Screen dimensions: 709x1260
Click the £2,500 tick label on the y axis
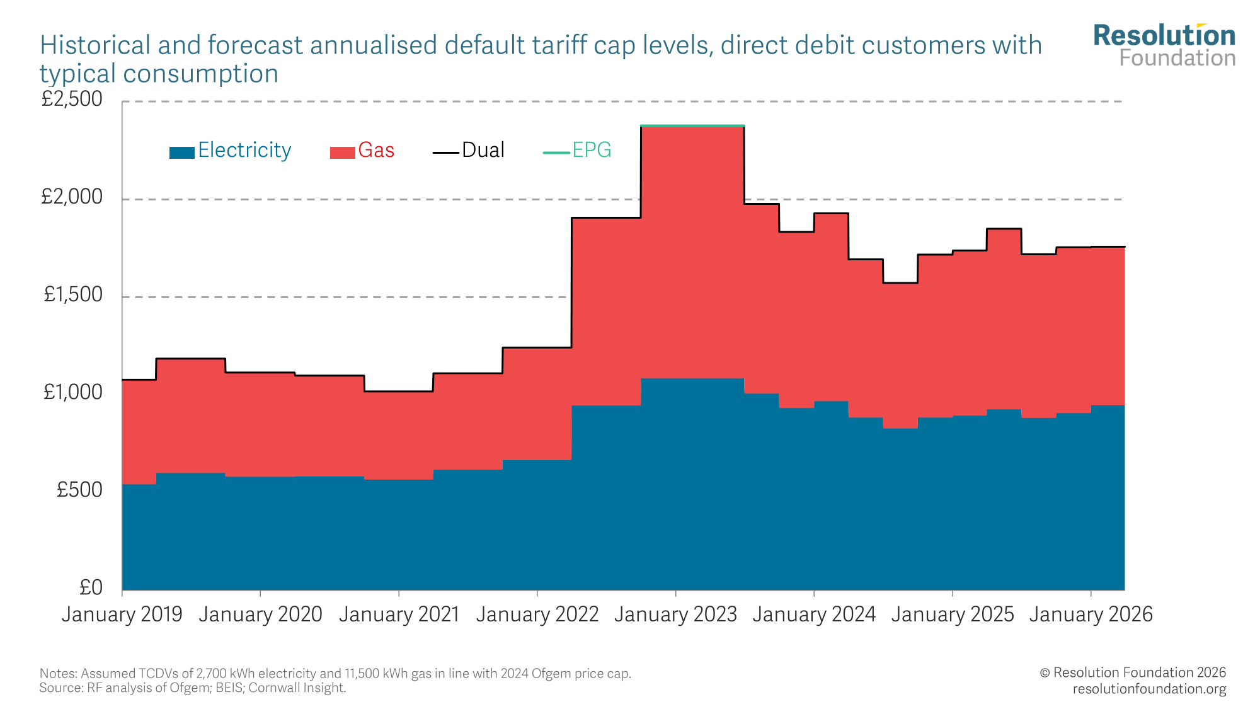pos(72,99)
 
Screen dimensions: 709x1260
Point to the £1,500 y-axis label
pos(73,294)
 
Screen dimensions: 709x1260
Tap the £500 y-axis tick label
pos(79,490)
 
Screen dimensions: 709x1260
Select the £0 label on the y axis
pos(91,587)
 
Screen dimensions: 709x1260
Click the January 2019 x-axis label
pos(122,614)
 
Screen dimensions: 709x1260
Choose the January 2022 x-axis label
pos(537,614)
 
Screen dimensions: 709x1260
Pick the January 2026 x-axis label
pos(1091,614)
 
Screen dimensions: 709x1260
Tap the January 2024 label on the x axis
pos(814,614)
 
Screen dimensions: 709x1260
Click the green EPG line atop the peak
pos(692,125)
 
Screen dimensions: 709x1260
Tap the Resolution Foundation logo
pos(1164,45)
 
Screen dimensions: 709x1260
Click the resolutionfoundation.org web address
pos(1149,689)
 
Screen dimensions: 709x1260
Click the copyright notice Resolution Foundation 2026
pos(1133,672)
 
